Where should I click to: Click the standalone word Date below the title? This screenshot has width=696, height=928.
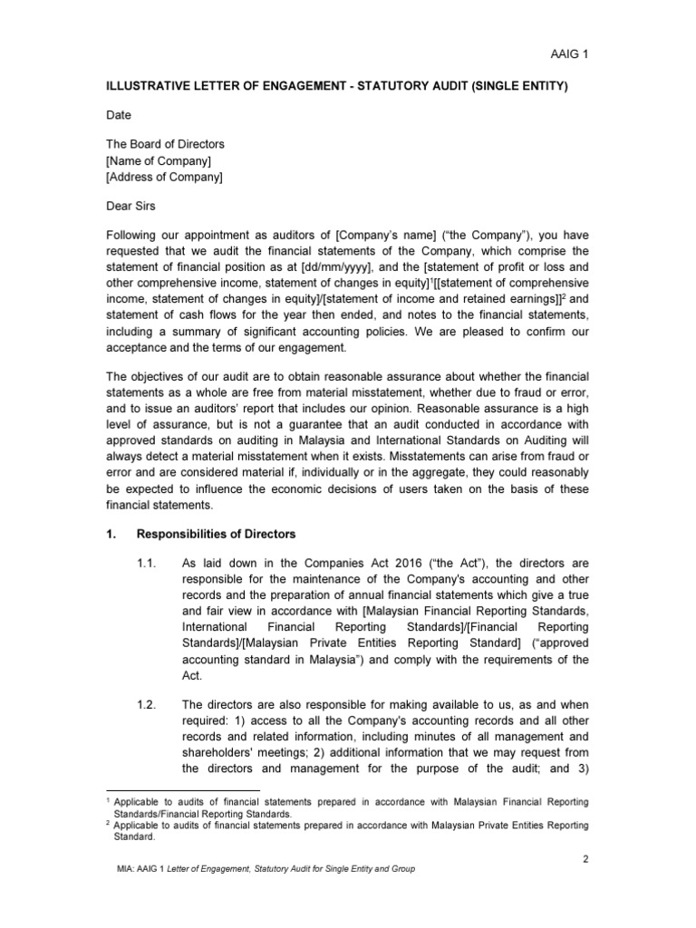119,115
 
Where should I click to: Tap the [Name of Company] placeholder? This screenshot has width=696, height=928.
159,160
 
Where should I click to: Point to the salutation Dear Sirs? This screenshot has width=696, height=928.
131,206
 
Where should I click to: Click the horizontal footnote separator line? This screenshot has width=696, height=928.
182,790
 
